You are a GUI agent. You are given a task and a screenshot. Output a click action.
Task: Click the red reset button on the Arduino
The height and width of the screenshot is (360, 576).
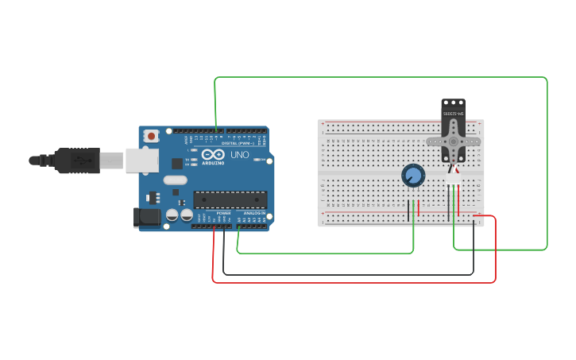point(151,136)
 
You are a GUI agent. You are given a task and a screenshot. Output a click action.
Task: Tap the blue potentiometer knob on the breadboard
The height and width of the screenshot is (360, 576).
point(413,175)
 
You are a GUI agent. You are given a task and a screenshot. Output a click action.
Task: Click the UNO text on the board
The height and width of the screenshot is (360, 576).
point(239,154)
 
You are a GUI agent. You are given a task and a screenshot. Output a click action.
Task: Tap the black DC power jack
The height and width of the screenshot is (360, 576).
point(146,217)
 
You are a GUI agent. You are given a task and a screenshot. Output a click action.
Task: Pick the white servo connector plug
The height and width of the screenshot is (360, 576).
point(453,179)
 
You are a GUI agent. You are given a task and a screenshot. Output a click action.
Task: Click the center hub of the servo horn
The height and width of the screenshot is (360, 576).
point(453,141)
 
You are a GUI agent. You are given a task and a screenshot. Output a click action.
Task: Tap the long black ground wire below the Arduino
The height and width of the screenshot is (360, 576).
point(350,274)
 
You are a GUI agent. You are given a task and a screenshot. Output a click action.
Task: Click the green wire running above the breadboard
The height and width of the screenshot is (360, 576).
point(381,78)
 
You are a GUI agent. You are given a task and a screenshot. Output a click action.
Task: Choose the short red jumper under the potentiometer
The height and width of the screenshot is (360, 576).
point(419,210)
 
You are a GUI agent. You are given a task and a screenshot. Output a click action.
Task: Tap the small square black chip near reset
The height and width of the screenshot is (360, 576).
point(176,164)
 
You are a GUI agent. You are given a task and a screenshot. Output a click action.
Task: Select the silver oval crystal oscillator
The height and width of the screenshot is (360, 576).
point(176,180)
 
